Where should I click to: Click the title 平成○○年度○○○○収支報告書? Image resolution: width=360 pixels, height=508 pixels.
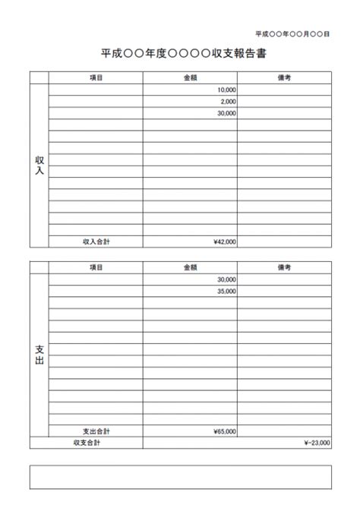[183, 55]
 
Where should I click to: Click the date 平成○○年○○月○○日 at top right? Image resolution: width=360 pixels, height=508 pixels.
[292, 34]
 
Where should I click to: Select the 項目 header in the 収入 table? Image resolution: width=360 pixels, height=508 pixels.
[96, 77]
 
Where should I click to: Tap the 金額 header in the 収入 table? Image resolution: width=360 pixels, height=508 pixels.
[190, 77]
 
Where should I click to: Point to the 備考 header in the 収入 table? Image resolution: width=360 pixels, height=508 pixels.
[284, 77]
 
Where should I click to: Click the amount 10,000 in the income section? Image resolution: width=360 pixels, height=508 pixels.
[226, 90]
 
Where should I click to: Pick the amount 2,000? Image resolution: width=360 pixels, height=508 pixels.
[228, 101]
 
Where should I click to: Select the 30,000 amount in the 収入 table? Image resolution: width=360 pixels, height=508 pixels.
[226, 113]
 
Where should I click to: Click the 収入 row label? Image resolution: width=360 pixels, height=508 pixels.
[39, 166]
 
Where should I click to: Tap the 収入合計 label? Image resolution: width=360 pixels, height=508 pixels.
[96, 241]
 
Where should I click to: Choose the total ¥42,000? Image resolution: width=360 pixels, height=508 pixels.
[225, 241]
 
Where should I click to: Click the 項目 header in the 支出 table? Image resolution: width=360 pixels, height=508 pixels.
[96, 267]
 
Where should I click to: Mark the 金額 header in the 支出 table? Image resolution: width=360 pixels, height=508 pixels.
[190, 267]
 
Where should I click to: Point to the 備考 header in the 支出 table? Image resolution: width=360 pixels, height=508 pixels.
[284, 267]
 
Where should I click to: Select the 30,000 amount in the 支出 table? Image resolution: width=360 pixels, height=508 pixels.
[226, 279]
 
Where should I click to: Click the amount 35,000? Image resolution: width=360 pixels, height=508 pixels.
[226, 291]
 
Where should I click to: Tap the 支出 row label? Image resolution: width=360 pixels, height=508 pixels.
[39, 355]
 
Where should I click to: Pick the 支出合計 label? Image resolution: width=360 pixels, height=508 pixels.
[96, 431]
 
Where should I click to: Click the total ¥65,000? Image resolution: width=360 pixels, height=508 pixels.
[225, 431]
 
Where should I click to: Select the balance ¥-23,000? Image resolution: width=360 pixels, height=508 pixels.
[317, 442]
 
